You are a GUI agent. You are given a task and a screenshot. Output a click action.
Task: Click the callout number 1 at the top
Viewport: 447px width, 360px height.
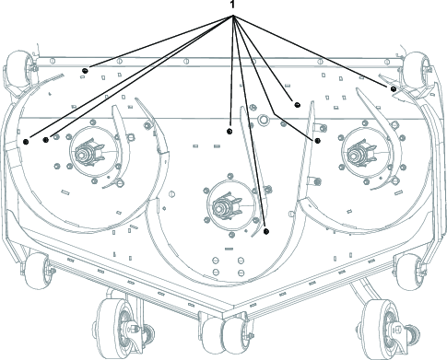pos(232,5)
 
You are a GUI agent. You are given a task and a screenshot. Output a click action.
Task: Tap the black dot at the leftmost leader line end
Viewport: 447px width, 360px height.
pos(26,142)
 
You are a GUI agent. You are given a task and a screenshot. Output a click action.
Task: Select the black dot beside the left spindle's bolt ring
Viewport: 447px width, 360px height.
pos(46,140)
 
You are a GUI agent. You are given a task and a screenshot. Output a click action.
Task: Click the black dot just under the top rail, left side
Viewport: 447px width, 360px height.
pos(85,71)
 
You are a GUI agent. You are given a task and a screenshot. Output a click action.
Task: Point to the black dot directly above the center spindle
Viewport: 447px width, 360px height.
pos(229,132)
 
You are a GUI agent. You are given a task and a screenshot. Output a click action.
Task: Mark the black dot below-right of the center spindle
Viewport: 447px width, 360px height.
pos(266,231)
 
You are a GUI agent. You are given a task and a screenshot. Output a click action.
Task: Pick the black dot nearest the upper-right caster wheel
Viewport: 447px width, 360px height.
pos(393,89)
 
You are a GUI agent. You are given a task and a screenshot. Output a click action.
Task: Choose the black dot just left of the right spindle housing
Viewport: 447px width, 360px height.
pos(318,141)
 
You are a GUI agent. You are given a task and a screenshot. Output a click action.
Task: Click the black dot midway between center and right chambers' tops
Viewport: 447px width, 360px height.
pos(297,105)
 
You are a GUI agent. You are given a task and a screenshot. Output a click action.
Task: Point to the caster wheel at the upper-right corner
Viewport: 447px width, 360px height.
pos(417,69)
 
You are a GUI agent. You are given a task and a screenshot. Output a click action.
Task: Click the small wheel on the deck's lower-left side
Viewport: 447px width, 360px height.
pos(36,271)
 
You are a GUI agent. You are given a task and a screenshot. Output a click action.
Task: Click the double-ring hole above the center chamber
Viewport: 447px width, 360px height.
pos(263,119)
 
